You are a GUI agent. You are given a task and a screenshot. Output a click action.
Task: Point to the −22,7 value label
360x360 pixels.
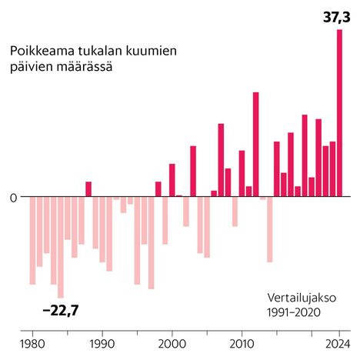[61, 310]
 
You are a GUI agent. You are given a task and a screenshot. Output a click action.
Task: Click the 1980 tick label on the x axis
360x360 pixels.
[32, 343]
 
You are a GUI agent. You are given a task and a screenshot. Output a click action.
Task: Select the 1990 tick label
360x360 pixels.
[102, 343]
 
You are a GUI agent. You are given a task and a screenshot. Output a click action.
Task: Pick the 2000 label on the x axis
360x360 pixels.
[172, 343]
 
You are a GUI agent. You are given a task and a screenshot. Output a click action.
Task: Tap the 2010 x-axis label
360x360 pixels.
[242, 343]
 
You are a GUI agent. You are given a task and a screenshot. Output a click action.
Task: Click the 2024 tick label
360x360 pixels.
[337, 343]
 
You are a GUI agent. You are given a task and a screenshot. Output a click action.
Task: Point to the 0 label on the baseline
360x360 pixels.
[13, 197]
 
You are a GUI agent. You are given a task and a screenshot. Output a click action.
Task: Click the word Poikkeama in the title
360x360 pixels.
[41, 52]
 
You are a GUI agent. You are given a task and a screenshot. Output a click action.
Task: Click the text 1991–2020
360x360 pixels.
[293, 312]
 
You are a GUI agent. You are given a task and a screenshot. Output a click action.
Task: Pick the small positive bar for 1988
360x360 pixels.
[88, 188]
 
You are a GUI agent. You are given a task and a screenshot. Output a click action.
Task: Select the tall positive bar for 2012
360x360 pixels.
[255, 144]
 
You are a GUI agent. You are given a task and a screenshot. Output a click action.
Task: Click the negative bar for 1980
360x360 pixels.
[33, 240]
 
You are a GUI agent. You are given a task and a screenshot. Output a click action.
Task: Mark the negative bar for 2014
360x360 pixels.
[269, 229]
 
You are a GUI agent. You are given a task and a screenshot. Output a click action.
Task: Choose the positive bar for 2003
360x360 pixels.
[193, 171]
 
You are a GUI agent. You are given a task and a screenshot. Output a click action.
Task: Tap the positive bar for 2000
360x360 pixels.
[172, 180]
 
